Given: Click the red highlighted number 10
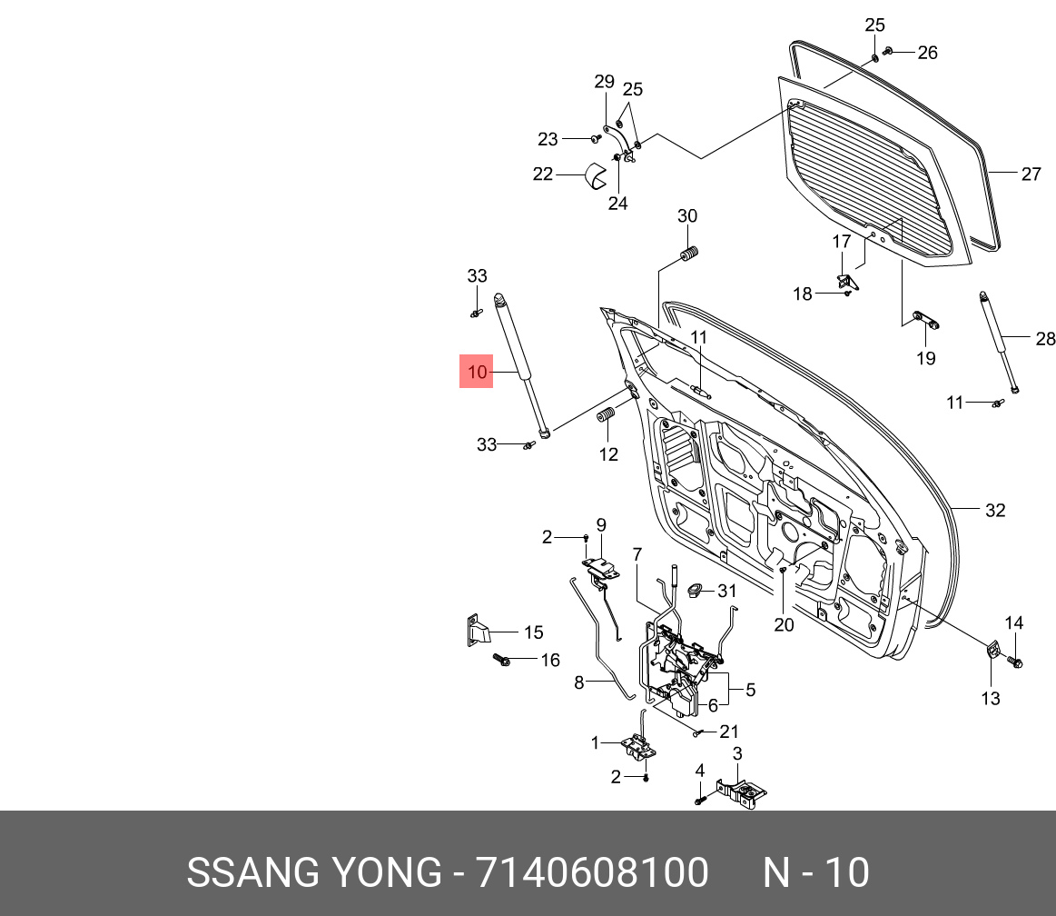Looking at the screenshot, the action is click(476, 372).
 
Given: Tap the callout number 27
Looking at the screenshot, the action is click(1031, 174).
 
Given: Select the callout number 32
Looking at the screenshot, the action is click(995, 510).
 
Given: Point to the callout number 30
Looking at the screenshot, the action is click(687, 215).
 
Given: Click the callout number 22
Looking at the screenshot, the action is click(543, 174).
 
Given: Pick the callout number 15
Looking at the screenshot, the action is click(533, 632).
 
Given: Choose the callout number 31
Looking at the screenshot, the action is click(726, 591).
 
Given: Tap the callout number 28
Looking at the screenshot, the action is click(1045, 338).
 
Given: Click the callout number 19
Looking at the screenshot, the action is click(926, 358).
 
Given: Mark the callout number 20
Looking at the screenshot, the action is click(784, 625).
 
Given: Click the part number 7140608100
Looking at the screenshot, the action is click(592, 872).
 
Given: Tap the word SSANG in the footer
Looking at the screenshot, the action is click(253, 872).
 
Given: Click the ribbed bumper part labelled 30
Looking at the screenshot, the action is click(687, 254).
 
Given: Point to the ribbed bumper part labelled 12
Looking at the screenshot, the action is click(607, 416).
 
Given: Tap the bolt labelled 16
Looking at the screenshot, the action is click(502, 660).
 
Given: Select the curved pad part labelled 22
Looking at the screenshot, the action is click(596, 175).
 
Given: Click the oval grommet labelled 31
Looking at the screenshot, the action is click(695, 591).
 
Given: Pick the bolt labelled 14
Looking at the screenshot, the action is click(1016, 662).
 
